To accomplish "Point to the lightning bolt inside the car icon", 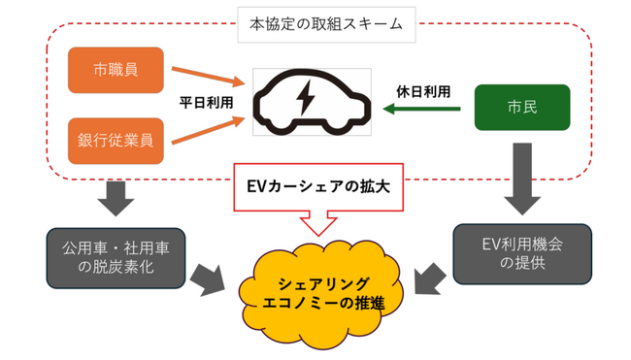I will tap(304, 97).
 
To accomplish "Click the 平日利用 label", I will tap(205, 100).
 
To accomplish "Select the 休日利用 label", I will tap(424, 91).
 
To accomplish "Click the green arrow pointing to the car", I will tap(422, 111).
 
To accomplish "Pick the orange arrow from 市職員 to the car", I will tap(206, 77).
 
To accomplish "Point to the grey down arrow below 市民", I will tap(520, 177).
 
